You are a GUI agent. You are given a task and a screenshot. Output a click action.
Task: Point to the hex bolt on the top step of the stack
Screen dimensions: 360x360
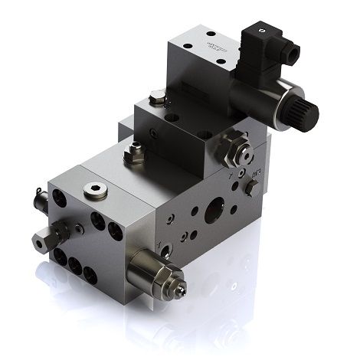click(157, 97)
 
